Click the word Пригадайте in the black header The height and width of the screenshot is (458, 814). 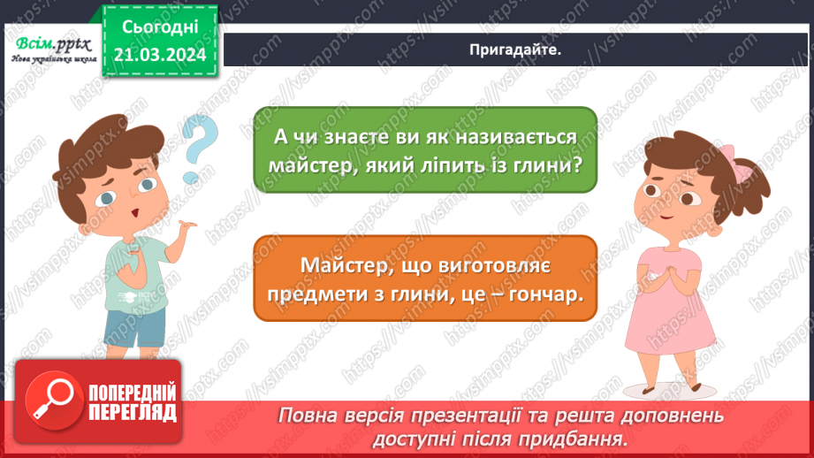[x=517, y=50]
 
